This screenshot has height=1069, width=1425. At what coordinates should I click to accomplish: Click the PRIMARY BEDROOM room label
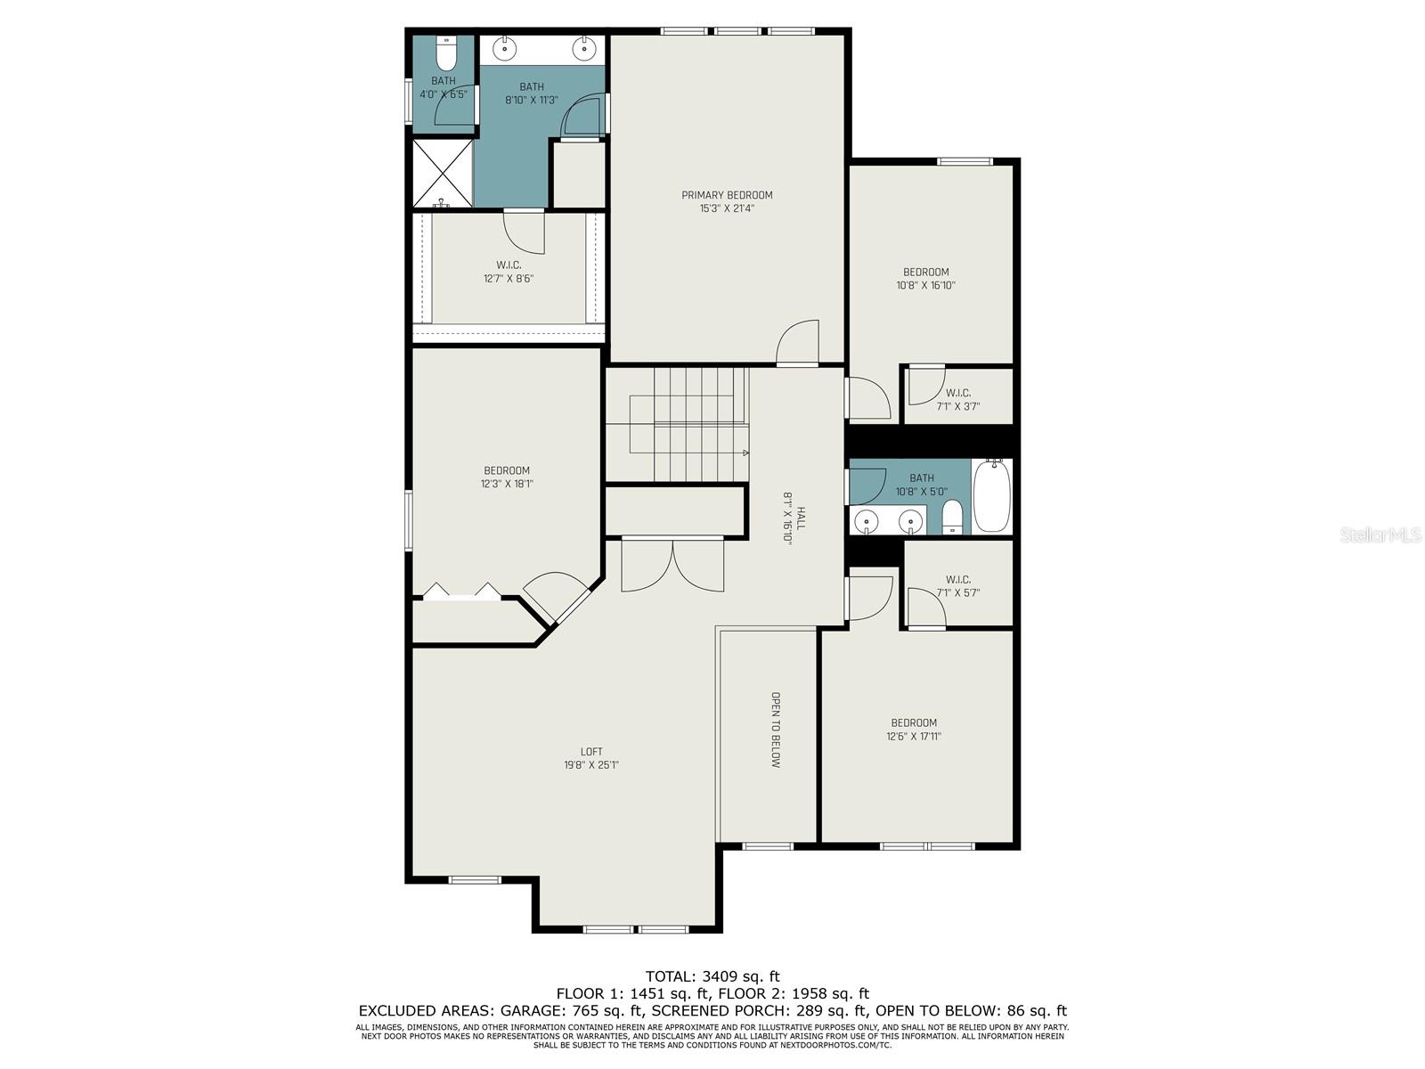(727, 195)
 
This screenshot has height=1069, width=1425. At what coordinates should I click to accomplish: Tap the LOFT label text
(591, 752)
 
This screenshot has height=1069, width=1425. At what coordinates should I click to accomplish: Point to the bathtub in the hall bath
(991, 496)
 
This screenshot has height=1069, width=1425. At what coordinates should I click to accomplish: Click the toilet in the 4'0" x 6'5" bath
(446, 53)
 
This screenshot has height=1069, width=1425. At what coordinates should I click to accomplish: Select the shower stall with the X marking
(443, 174)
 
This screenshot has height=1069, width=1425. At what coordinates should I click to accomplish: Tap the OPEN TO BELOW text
(776, 730)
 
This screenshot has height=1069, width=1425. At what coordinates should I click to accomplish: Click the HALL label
(801, 518)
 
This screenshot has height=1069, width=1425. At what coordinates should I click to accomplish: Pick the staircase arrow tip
(746, 453)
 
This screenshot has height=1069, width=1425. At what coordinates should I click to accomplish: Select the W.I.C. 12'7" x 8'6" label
(509, 272)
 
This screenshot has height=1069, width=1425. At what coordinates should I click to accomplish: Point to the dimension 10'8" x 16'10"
(925, 285)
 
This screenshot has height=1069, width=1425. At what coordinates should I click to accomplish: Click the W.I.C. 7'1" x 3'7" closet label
(957, 400)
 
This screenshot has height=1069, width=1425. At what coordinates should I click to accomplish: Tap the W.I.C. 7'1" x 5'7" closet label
(957, 586)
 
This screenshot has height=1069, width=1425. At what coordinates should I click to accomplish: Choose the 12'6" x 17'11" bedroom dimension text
(914, 736)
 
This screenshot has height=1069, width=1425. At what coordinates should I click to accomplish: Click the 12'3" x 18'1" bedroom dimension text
(507, 484)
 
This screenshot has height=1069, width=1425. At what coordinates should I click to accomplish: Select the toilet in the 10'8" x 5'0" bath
(952, 517)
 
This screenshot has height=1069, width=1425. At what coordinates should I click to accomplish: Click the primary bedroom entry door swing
(798, 342)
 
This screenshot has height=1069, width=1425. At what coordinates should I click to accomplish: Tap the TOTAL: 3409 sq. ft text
(712, 976)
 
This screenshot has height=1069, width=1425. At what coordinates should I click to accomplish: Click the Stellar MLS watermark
(1380, 534)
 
